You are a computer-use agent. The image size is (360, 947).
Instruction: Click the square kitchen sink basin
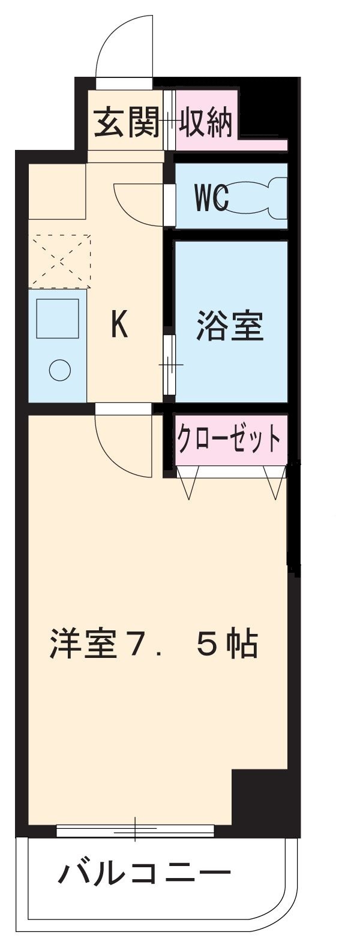tap(58, 318)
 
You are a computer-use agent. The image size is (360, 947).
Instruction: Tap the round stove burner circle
tap(59, 369)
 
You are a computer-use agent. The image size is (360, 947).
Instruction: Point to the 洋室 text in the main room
tap(81, 644)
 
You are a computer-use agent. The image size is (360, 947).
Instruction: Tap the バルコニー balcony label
tap(144, 875)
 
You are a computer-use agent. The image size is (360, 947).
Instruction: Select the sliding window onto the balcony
tap(135, 831)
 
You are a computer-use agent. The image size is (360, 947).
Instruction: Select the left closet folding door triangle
tap(188, 482)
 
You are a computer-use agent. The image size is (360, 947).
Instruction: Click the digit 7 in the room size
tap(146, 644)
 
